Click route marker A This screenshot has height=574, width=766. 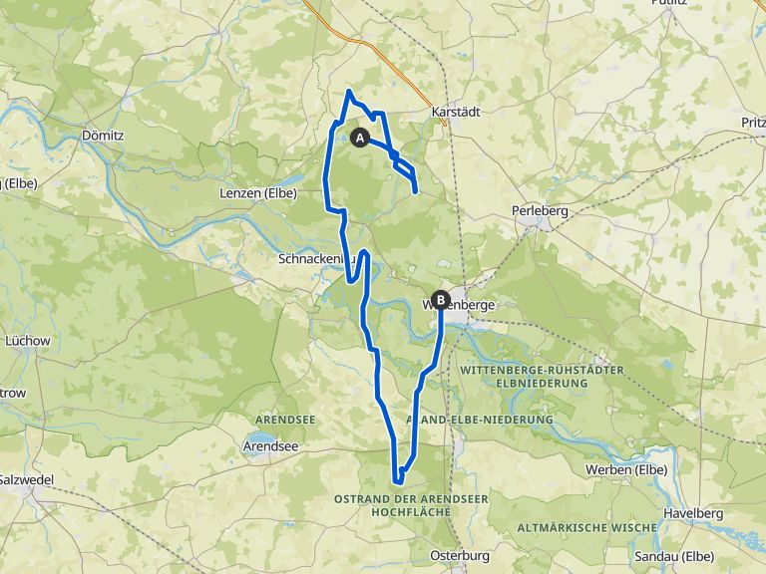pyautogui.click(x=360, y=137)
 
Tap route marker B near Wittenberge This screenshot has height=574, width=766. pyautogui.click(x=441, y=297)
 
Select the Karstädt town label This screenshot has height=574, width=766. pyautogui.click(x=456, y=112)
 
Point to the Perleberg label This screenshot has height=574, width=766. pyautogui.click(x=539, y=211)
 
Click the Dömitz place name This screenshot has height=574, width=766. pyautogui.click(x=102, y=134)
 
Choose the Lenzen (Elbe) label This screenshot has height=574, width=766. pyautogui.click(x=257, y=192)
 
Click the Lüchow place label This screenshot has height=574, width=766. pyautogui.click(x=28, y=341)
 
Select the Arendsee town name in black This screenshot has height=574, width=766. pyautogui.click(x=270, y=447)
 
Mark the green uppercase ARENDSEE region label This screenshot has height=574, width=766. pyautogui.click(x=285, y=420)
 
